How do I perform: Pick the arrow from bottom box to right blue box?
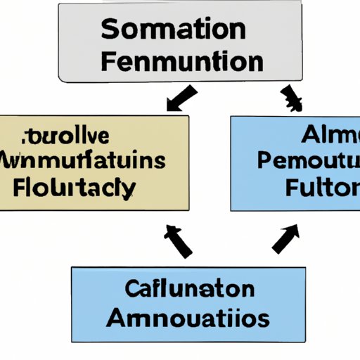tap(284, 238)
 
